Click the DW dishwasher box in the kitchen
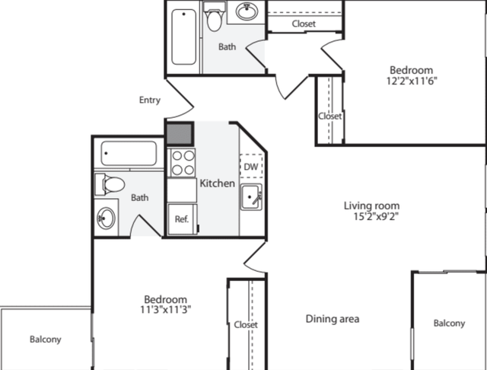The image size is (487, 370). pos(251,166)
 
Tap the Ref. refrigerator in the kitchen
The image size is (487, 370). pos(183,218)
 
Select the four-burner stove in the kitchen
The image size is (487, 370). pos(181,162)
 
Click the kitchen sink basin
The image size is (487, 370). pos(251,197)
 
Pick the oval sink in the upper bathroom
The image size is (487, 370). pos(247,11)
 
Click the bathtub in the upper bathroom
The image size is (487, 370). pos(184,37)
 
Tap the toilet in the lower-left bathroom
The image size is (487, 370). pos(110,184)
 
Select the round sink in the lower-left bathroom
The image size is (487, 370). pos(106,218)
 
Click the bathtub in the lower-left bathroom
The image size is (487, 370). pos(129,154)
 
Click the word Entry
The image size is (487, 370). pos(150,100)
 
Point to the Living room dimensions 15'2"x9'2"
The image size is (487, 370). pos(376,216)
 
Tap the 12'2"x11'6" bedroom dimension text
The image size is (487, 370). pos(412,81)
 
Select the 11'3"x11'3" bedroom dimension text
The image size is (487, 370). pos(166,309)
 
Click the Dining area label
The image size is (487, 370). pos(333,319)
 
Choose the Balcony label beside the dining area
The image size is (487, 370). pos(450,324)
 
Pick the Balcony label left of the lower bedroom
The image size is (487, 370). pos(46,340)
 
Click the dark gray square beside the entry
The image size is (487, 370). pos(180,134)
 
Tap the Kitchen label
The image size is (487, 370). pos(217,183)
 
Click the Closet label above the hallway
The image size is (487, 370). pos(304,24)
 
